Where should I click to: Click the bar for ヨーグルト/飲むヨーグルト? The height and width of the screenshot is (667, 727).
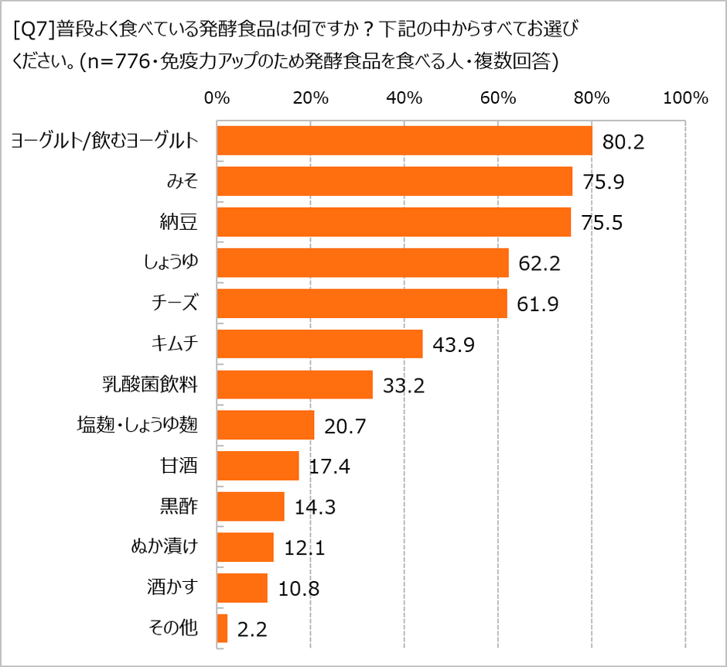404,141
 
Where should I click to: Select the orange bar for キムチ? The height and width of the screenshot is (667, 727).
319,344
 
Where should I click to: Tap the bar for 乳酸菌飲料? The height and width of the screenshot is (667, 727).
295,384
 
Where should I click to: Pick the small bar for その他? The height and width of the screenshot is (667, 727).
223,628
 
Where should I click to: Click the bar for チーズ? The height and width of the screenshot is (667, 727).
362,303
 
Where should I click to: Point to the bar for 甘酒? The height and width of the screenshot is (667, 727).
258,466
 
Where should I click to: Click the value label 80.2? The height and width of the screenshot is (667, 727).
624,142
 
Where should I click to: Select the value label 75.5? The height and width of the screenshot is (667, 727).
602,224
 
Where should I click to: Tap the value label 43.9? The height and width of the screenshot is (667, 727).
454,344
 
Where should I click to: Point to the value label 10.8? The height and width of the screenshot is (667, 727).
299,589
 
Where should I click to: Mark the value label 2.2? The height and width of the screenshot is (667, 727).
252,629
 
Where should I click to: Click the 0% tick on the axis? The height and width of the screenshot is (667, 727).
217,98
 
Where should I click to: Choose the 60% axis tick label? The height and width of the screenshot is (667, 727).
498,98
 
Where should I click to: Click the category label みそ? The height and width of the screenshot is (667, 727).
183,182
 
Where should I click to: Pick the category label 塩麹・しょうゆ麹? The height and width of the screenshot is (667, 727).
138,425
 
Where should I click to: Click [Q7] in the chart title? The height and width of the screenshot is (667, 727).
34,31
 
